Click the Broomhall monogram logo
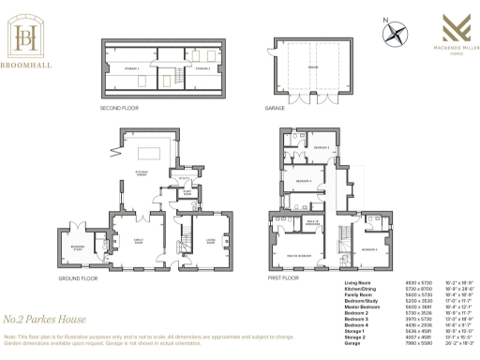[x=30, y=37]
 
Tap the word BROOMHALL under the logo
[x=30, y=66]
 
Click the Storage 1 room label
[x=131, y=68]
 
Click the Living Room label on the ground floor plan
[x=198, y=240]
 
